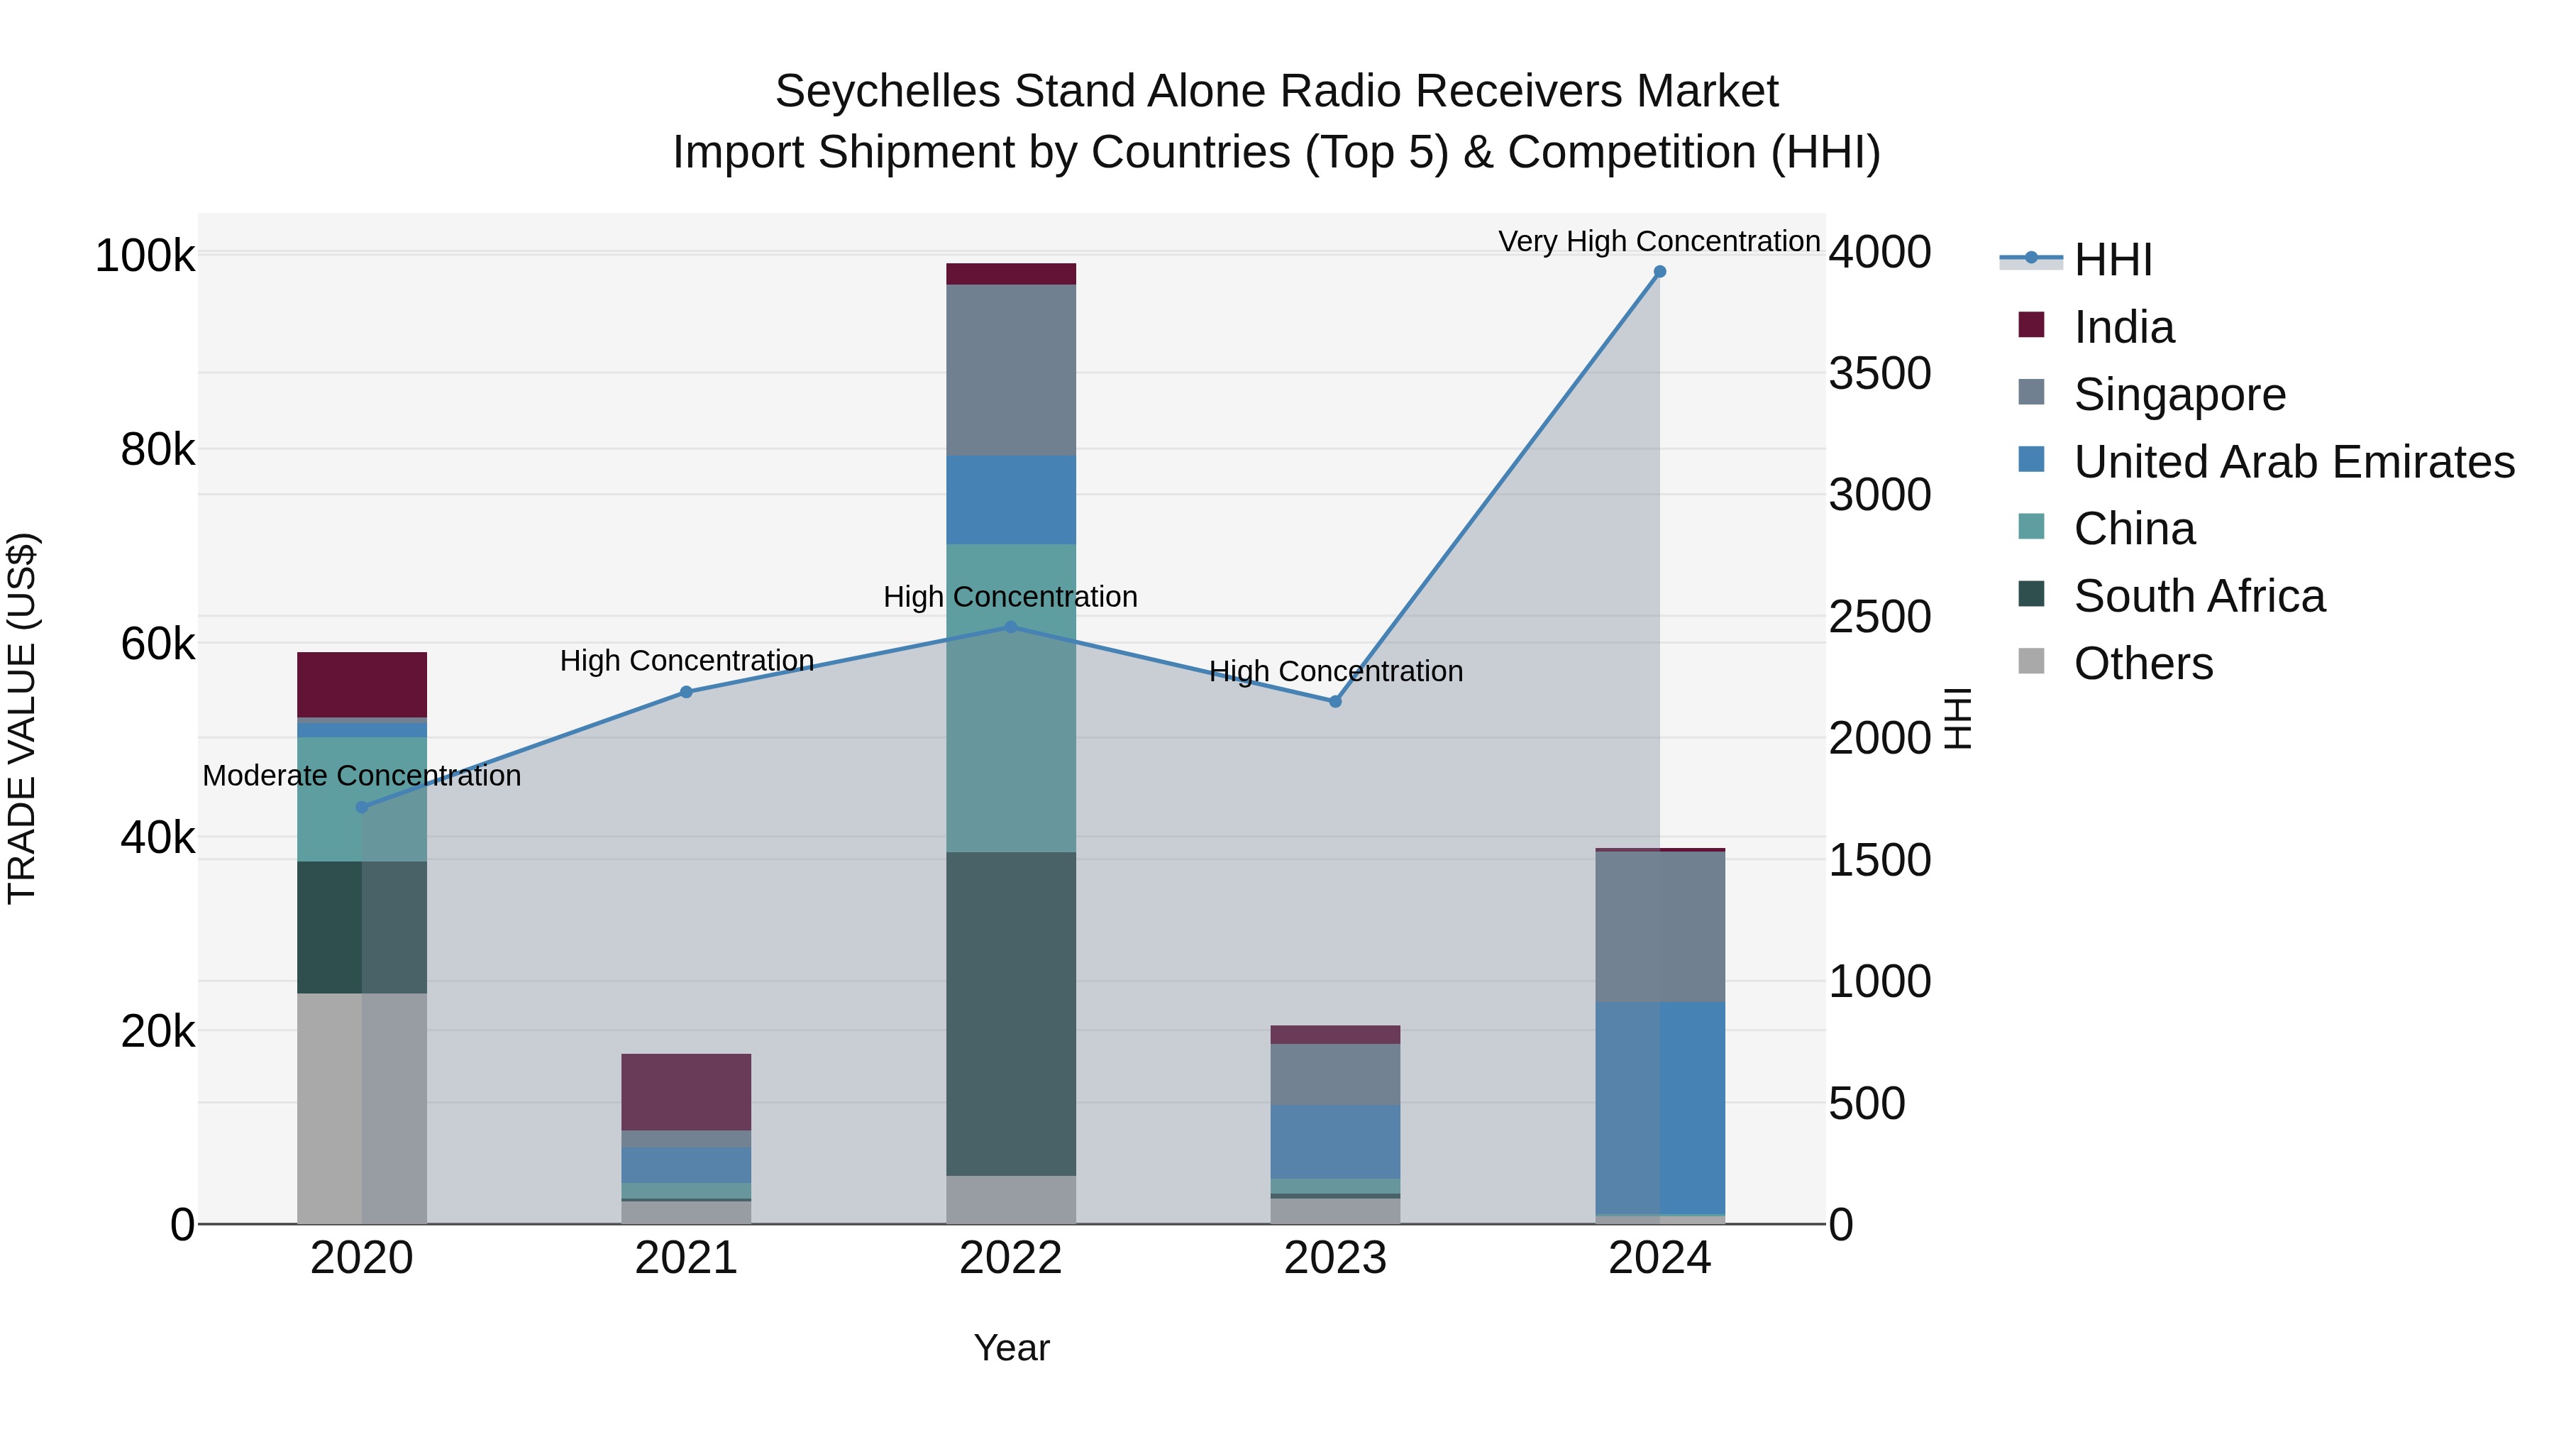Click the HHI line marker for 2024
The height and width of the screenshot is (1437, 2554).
[1659, 272]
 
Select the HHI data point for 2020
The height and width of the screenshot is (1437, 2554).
[362, 808]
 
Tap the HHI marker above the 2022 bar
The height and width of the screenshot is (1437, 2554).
[1010, 627]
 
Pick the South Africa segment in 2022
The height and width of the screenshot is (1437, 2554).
[1010, 1013]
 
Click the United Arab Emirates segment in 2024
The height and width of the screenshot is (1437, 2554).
[1659, 1107]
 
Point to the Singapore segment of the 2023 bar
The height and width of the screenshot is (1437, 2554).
[1334, 1074]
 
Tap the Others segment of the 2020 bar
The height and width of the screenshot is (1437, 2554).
[362, 1108]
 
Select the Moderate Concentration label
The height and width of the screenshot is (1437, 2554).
[362, 776]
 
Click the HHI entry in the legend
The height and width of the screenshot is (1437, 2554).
[2112, 260]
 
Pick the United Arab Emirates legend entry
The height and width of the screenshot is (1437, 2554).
[2293, 462]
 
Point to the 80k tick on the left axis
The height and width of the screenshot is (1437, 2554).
[157, 450]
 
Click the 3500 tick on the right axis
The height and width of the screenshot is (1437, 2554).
[1879, 374]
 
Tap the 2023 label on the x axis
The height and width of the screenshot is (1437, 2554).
[1334, 1258]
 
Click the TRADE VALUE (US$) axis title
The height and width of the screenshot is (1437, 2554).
[22, 718]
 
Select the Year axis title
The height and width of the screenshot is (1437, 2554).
[1010, 1348]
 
